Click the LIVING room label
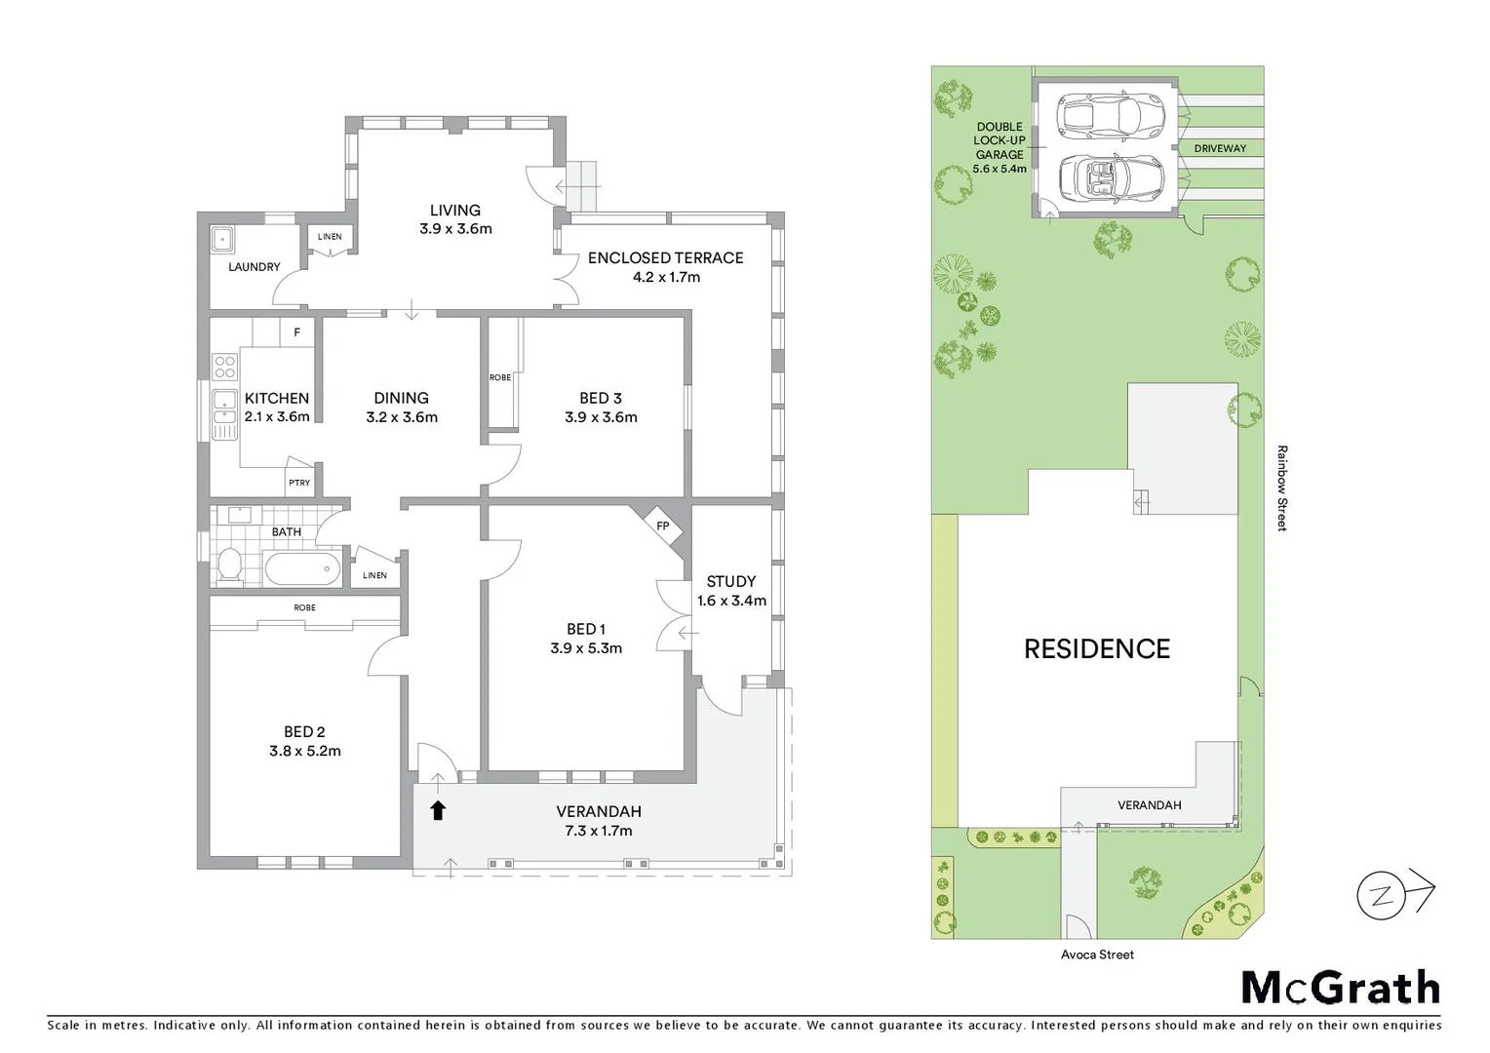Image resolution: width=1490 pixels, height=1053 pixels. tap(454, 210)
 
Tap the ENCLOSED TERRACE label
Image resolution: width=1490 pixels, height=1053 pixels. tap(665, 257)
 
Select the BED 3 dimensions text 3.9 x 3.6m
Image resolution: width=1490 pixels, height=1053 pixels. tap(601, 417)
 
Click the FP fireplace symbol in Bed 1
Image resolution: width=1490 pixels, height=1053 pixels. tap(663, 526)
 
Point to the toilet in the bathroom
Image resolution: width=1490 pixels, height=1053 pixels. tap(229, 565)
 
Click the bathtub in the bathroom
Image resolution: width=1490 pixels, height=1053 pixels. tap(302, 567)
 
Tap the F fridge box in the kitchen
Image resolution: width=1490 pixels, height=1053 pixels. tap(297, 332)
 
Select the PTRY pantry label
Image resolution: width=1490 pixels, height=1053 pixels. tap(299, 483)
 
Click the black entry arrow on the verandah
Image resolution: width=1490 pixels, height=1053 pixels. tap(438, 810)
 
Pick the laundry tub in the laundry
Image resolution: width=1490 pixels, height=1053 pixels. tap(221, 238)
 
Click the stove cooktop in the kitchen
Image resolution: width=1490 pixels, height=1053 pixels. tap(224, 367)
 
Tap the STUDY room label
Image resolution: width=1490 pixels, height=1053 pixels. tap(730, 581)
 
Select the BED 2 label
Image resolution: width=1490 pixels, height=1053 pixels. tap(304, 731)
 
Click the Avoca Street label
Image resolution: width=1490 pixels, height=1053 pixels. tap(1097, 955)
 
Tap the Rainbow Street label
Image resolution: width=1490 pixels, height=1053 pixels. tap(1282, 487)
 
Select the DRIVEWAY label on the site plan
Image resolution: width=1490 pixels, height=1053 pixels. tap(1220, 148)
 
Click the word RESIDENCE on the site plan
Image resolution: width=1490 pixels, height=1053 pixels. tap(1096, 648)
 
